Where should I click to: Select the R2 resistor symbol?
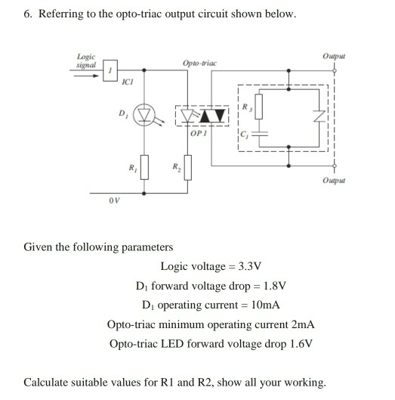(x=189, y=167)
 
